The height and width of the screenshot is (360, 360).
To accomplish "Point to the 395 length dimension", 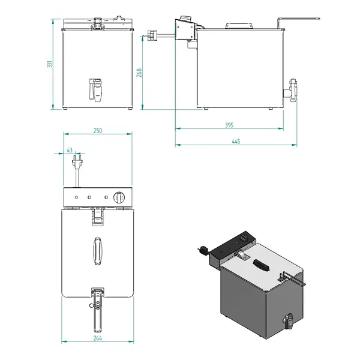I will point(229,125).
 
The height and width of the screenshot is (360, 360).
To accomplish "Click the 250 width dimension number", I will point(97,130).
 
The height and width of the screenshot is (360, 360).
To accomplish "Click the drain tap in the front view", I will point(95,89).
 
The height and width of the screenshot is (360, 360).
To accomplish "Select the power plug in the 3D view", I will point(203,250).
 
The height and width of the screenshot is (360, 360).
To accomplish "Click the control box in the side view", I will point(185,30).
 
